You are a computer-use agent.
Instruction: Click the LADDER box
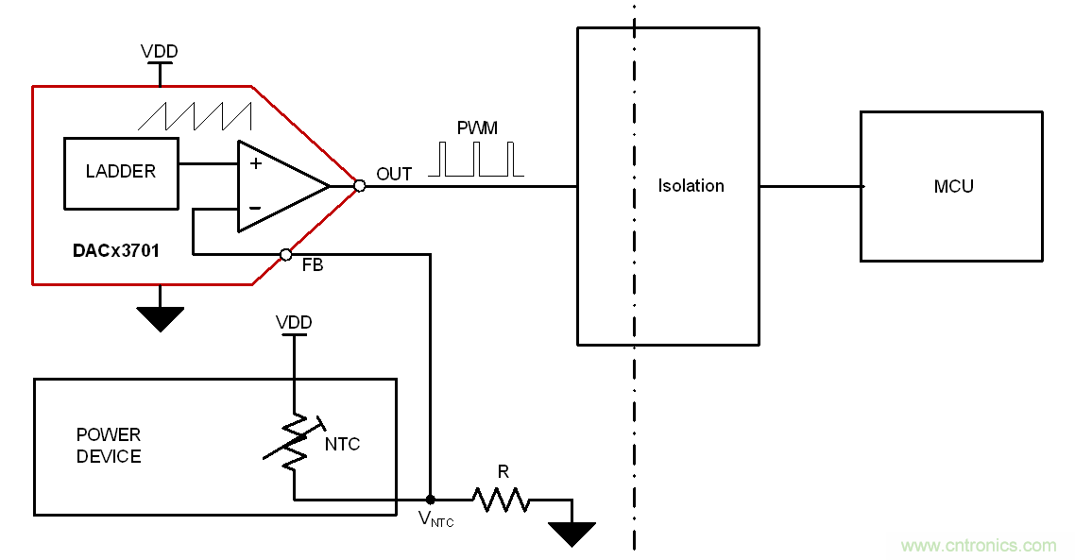point(121,173)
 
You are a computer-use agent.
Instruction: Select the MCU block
point(951,186)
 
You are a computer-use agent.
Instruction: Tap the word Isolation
point(691,186)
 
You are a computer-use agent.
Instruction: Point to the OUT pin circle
point(359,186)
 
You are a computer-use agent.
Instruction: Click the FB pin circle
point(286,254)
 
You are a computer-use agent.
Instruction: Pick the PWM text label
point(477,128)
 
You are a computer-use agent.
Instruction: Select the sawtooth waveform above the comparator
point(195,115)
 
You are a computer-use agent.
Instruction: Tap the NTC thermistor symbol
point(295,443)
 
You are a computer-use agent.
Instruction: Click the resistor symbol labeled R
point(501,499)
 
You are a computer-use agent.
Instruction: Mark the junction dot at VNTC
point(431,499)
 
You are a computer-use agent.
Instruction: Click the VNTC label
point(436,518)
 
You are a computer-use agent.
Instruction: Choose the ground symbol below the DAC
point(160,318)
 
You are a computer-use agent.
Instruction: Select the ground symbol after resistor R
point(572,534)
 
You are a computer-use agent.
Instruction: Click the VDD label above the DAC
point(159,51)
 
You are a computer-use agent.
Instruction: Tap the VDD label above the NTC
point(294,323)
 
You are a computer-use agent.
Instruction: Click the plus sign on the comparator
point(255,163)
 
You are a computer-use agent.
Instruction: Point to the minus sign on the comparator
point(255,208)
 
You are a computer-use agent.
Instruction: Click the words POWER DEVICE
point(109,446)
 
